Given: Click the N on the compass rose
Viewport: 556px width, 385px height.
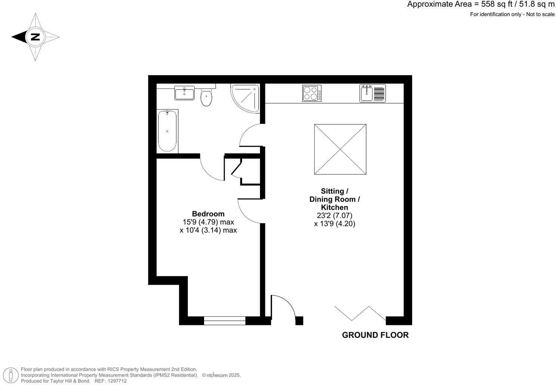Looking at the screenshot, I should (x=35, y=37).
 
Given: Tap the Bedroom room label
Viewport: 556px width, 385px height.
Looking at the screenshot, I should (x=208, y=214).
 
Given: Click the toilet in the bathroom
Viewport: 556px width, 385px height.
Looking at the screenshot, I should (x=206, y=98).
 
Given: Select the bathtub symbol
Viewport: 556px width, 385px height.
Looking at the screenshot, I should (x=167, y=131).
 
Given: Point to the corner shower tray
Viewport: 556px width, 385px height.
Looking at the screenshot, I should (x=245, y=97).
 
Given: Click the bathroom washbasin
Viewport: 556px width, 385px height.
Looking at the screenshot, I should (x=185, y=93).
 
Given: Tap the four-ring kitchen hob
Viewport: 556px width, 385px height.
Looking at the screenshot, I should (x=312, y=93).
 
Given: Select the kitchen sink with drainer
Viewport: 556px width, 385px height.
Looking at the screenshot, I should (x=373, y=93).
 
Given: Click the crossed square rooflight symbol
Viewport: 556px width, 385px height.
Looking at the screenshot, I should (x=340, y=149).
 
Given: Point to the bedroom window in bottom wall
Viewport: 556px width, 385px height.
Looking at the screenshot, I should (x=225, y=320).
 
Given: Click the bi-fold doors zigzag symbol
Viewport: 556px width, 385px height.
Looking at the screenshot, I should (x=360, y=313).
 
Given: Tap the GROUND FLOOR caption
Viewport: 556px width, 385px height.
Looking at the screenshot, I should (x=375, y=335).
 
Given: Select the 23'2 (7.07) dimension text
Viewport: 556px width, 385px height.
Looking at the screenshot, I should (x=334, y=216).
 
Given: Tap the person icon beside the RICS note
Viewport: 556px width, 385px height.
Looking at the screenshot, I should (x=12, y=375).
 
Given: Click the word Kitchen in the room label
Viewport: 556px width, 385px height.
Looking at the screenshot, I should (x=334, y=207).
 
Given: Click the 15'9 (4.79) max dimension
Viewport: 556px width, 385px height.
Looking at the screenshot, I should (x=208, y=222).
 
